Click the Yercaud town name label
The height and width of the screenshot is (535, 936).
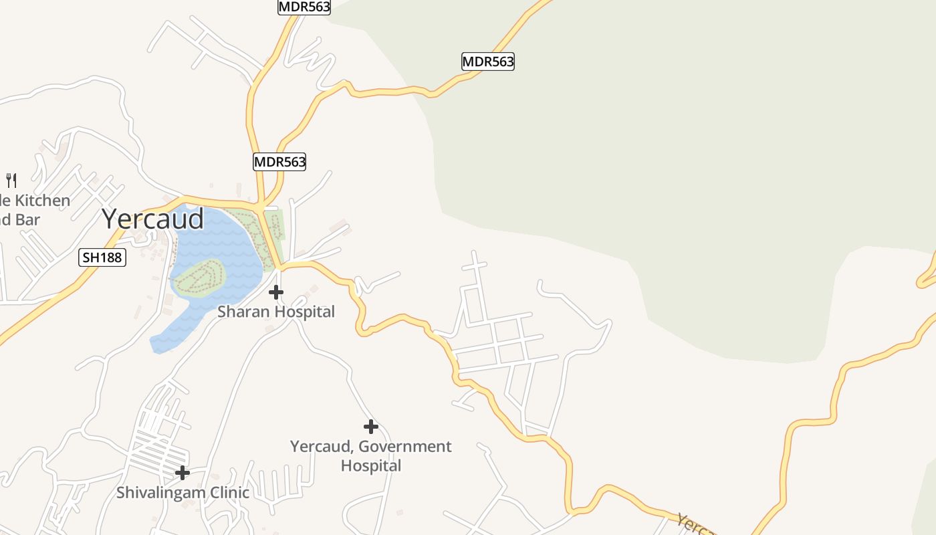(x=153, y=219)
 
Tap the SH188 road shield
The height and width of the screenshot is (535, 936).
(x=102, y=257)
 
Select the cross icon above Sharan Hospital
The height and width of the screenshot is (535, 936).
(x=275, y=292)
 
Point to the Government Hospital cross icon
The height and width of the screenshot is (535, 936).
(x=370, y=427)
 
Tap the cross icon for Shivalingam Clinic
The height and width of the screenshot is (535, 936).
(x=182, y=473)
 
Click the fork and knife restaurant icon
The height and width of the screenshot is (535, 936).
(x=11, y=180)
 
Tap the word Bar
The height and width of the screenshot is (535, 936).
(x=28, y=220)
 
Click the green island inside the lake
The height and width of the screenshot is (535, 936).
(x=199, y=277)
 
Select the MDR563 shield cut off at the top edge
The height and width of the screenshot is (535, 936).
(x=304, y=7)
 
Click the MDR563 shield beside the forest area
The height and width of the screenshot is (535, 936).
(x=488, y=62)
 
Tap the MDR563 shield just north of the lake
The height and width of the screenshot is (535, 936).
(x=279, y=162)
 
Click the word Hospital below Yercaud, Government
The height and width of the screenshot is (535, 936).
(x=371, y=465)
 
